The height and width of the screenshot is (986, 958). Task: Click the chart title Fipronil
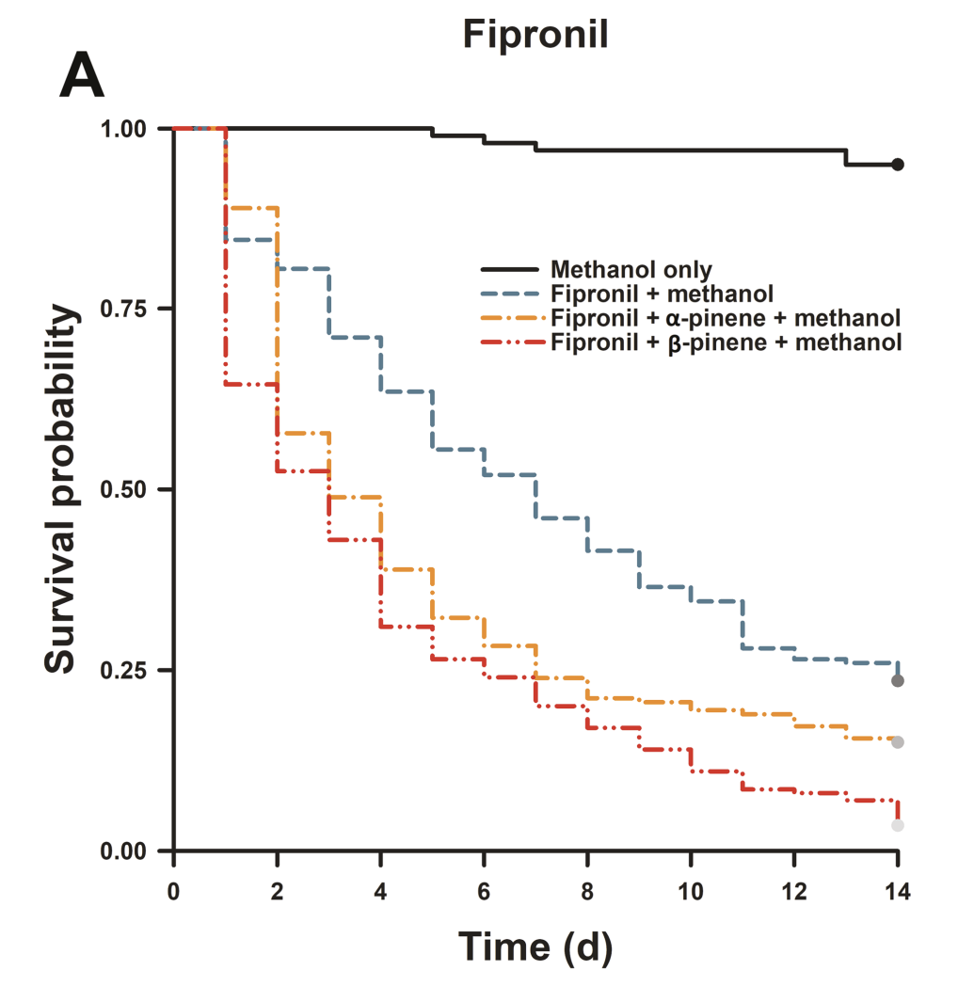coord(535,35)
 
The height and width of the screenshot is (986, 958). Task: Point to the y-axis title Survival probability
coord(60,490)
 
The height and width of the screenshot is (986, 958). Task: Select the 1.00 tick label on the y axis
coord(134,128)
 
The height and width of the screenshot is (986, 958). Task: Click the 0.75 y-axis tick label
coord(134,309)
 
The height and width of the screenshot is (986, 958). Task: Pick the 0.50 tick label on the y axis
coord(134,489)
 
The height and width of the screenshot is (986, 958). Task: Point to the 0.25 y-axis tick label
coord(134,670)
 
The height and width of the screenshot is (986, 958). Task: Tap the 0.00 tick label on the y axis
coord(134,851)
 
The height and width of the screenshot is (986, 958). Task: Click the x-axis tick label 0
coord(174,887)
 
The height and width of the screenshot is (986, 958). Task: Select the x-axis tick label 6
coord(485,887)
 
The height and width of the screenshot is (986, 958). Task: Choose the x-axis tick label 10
coord(691,887)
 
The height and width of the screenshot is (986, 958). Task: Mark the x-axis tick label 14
coord(898,887)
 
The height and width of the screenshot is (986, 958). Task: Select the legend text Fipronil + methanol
coord(662,293)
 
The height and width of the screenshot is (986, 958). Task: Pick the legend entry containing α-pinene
coord(726,317)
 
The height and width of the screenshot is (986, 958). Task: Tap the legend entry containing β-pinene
coord(726,341)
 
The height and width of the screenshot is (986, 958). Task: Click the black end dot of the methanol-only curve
coord(898,165)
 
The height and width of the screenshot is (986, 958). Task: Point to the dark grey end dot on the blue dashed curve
coord(898,680)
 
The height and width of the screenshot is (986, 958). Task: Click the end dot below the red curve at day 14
coord(898,825)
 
